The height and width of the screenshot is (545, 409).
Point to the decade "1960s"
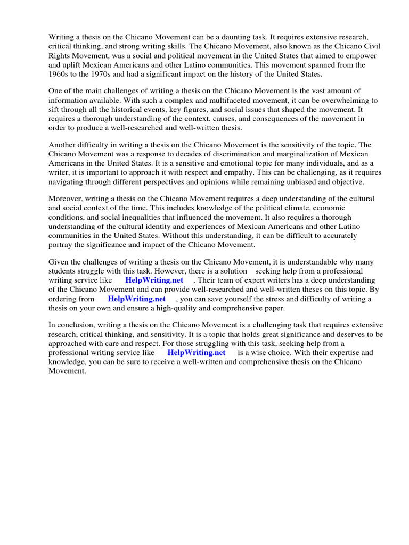(x=60, y=75)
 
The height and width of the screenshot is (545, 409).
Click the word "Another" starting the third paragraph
(x=63, y=145)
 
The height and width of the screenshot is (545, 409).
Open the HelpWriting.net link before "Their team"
(x=154, y=280)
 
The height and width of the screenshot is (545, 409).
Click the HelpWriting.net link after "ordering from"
(x=136, y=299)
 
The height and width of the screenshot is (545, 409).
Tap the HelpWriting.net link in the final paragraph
(x=196, y=352)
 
